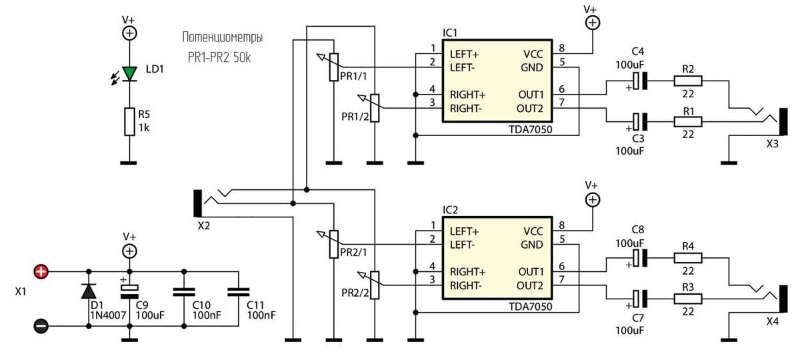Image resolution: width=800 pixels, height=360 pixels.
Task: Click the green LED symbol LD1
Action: [x=129, y=74]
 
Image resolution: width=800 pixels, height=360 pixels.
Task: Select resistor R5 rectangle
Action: [x=129, y=121]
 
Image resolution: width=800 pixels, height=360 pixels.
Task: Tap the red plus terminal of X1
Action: [x=41, y=272]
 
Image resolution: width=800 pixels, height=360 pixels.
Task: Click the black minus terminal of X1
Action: [x=41, y=326]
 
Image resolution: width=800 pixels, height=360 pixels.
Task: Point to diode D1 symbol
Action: [x=89, y=291]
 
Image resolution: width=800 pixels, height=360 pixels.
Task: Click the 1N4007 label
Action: [x=108, y=315]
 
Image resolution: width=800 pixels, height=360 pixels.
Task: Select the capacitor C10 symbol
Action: [x=184, y=292]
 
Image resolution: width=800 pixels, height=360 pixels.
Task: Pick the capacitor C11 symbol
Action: [x=239, y=292]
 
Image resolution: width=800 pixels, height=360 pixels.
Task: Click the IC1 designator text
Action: [x=449, y=33]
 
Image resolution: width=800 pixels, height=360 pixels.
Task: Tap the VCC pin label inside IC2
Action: [x=533, y=231]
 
